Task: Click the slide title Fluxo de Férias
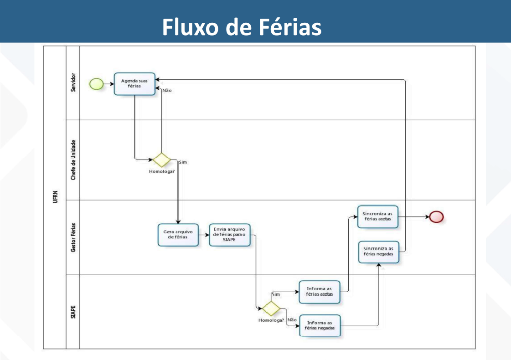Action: pos(242,27)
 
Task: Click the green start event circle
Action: pos(96,83)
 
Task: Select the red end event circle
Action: pos(436,217)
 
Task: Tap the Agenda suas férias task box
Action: pos(134,84)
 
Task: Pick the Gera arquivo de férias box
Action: pos(178,235)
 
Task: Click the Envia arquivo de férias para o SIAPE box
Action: pos(230,235)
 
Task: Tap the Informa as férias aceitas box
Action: pos(320,292)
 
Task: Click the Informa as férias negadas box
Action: pos(320,325)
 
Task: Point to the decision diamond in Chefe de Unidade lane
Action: pos(161,160)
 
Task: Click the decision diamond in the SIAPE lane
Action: pos(271,309)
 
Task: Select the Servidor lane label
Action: pos(73,82)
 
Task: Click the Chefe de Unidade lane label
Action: pos(73,159)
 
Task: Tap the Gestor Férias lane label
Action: pos(73,237)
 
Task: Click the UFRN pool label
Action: pos(55,197)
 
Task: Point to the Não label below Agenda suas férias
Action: pos(167,91)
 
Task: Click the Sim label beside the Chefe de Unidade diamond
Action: pos(183,162)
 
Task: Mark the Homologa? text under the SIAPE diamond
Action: pos(271,320)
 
